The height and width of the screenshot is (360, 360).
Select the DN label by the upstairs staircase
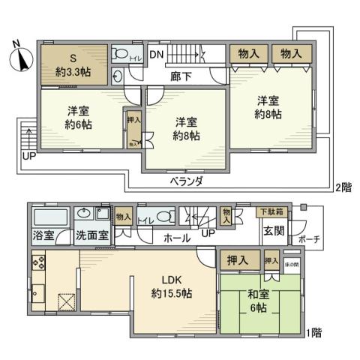tap(156, 54)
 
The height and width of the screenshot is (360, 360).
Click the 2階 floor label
tap(344, 187)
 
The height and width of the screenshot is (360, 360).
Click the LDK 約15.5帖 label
tap(173, 286)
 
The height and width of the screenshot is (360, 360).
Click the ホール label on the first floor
tap(177, 238)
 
